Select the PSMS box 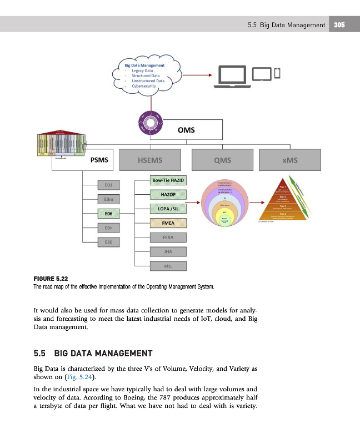tap(99, 160)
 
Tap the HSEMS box tap(150, 160)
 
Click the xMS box tap(290, 160)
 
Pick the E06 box tap(108, 213)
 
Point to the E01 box tap(108, 184)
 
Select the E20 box tap(108, 242)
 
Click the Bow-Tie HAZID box tap(168, 180)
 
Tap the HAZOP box tap(168, 195)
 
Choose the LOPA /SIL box tap(168, 209)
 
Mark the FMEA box tap(168, 223)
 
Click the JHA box tap(168, 251)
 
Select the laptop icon tap(232, 76)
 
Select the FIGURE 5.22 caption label tap(51, 279)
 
